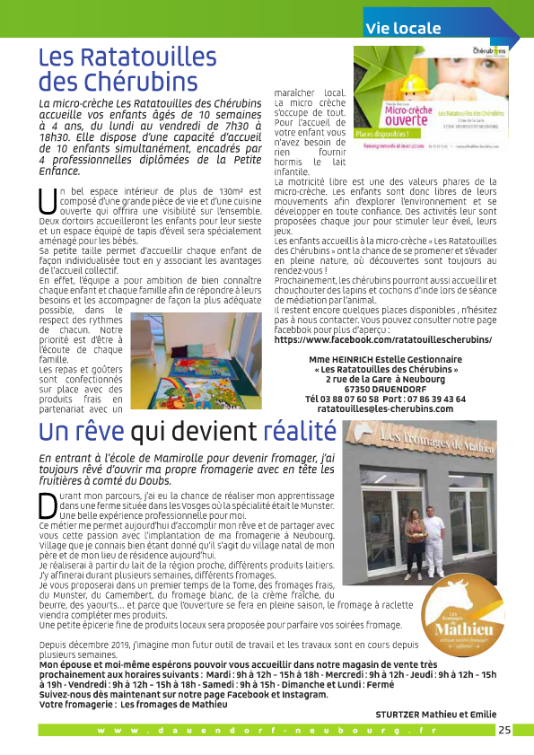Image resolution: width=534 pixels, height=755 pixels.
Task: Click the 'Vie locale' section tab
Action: (x=399, y=28)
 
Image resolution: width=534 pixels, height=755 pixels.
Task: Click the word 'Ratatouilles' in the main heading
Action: (x=121, y=58)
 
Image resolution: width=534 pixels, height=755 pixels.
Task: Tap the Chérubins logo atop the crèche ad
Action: (x=488, y=50)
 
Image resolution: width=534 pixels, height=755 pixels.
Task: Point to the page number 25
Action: (x=505, y=730)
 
